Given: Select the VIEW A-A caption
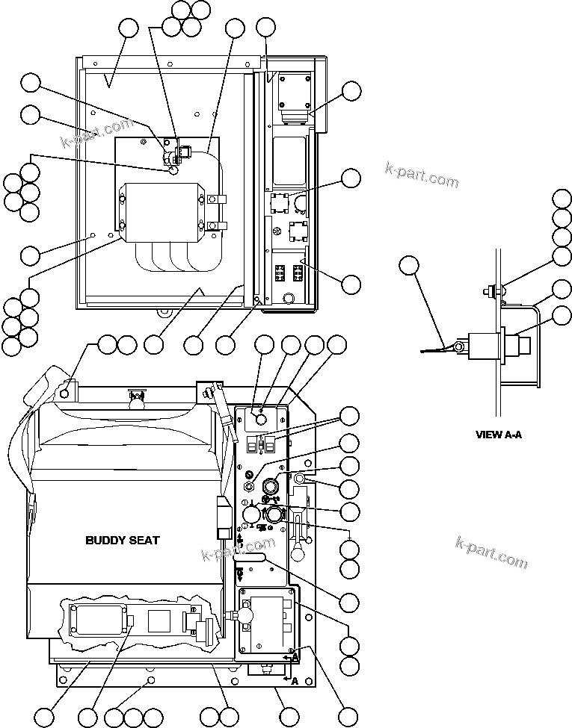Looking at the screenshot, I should (498, 434).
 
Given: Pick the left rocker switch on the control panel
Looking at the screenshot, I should (251, 445).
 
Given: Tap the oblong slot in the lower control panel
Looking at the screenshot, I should (253, 556).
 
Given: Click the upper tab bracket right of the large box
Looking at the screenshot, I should (215, 200).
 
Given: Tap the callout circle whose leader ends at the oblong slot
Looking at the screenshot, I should (349, 601).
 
